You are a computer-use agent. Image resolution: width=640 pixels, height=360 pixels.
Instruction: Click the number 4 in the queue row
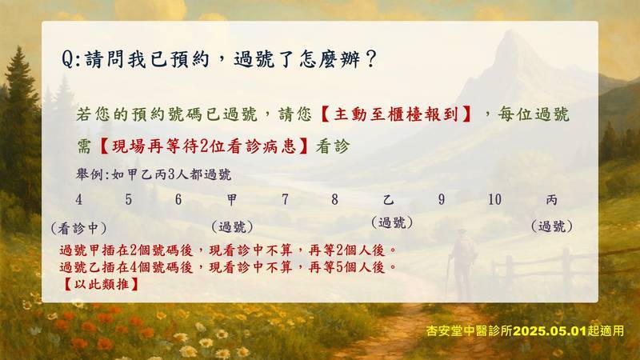78,199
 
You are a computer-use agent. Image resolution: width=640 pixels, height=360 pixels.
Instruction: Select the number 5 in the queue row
129,199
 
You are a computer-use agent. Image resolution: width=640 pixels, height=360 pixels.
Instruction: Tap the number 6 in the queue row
178,199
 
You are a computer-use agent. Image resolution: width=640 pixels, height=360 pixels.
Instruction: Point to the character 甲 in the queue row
232,199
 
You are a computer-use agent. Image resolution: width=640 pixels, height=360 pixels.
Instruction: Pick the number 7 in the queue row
285,199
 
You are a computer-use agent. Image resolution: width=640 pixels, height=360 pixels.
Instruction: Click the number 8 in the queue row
334,199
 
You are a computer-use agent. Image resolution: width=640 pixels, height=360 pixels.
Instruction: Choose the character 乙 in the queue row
388,199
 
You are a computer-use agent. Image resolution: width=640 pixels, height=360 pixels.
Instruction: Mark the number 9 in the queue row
442,199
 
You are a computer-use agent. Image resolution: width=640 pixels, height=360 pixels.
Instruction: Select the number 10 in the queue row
494,199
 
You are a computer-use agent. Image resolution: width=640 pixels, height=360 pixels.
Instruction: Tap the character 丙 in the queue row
551,199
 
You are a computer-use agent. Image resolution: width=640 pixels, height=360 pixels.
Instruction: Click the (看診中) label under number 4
78,228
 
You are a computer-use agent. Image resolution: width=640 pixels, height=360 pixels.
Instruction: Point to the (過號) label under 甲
232,226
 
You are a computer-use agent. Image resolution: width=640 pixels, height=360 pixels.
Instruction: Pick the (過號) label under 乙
392,223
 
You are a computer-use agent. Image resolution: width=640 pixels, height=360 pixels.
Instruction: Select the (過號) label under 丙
551,226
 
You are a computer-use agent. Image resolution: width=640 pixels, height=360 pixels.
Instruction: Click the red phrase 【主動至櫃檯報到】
395,114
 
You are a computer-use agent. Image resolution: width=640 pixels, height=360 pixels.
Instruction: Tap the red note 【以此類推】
102,284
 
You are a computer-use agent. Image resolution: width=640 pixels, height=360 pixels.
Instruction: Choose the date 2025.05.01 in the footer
550,330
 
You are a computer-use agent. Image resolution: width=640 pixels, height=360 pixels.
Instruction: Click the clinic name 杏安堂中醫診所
470,330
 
